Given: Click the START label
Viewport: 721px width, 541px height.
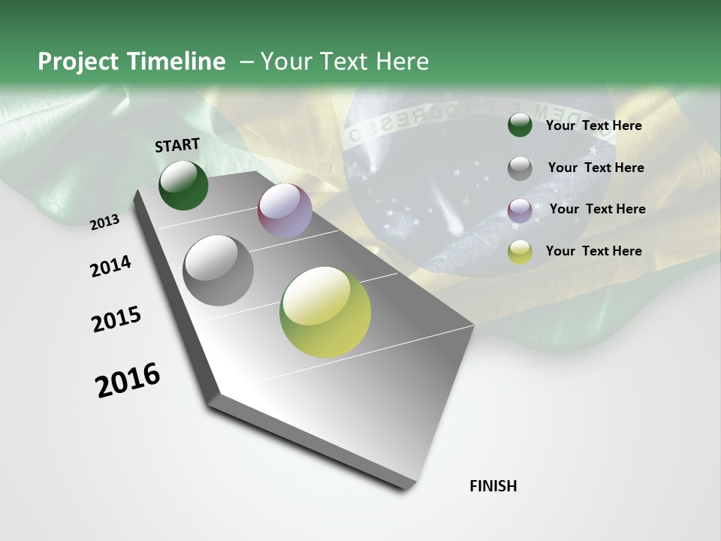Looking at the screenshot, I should [x=177, y=145].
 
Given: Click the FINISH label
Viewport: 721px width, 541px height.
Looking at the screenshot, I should [x=493, y=486].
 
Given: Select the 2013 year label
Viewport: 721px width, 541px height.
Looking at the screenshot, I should [x=105, y=222].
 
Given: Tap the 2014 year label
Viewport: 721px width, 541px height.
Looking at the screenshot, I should [x=110, y=266].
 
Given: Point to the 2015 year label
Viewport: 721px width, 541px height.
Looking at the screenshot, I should [x=116, y=319].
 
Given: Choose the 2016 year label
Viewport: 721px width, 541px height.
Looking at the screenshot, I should [x=128, y=380].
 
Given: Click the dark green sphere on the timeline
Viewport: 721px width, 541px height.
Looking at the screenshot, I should [x=183, y=185].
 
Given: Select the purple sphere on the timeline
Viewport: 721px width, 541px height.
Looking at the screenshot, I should [x=285, y=210].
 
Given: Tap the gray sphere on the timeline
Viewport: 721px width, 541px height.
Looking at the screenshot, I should [x=218, y=270].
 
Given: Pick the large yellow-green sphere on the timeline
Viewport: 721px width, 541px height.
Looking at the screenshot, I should [x=325, y=312].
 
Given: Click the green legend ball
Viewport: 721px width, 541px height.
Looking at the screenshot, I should [x=520, y=125].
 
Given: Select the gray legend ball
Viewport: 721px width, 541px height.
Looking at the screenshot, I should [x=520, y=168].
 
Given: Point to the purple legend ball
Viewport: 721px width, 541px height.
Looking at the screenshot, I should [x=520, y=210].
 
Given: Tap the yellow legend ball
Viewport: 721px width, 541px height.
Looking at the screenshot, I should [x=520, y=252].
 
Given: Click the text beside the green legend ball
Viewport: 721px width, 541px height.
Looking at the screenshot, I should [x=593, y=125].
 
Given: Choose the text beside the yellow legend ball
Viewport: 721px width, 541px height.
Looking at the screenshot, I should [x=593, y=251].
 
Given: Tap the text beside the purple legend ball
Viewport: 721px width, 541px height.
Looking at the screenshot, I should [x=597, y=209].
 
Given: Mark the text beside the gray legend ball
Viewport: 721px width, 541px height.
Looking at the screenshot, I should [x=596, y=168].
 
